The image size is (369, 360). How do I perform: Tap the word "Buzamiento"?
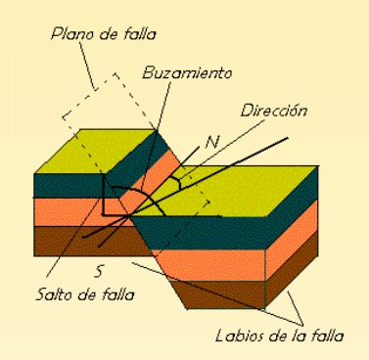pyautogui.click(x=187, y=73)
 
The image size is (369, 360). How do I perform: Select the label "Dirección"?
pyautogui.click(x=273, y=110)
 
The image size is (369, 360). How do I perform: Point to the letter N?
pyautogui.click(x=212, y=142)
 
